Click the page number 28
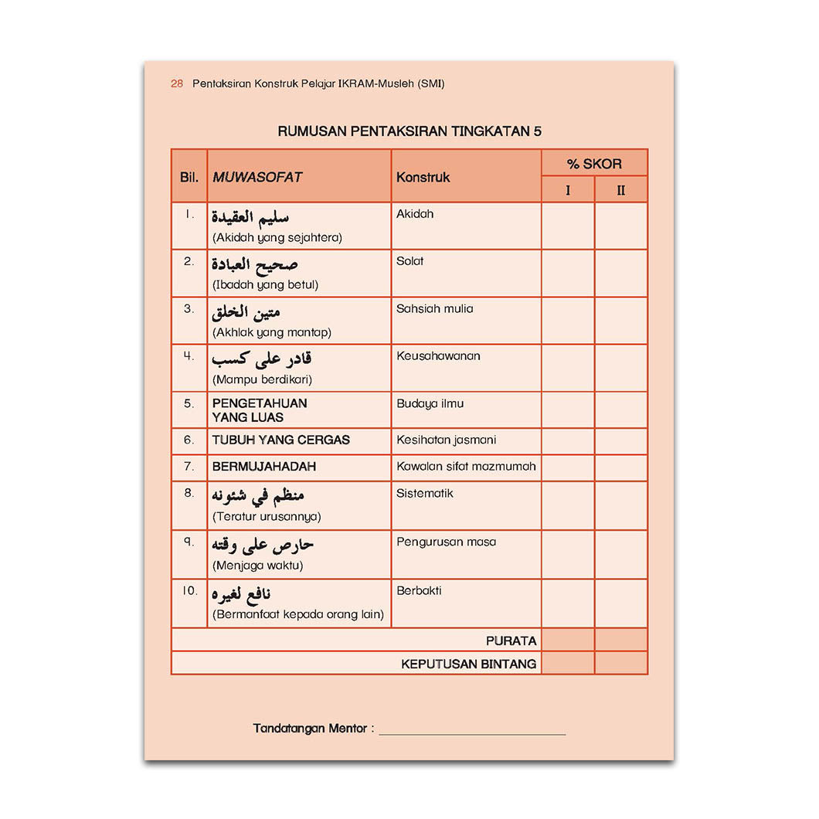tap(177, 84)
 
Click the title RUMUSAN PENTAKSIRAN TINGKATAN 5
tap(409, 131)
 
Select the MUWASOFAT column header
tap(257, 177)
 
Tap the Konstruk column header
tap(423, 177)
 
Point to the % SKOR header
tap(594, 164)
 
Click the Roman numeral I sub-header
tap(568, 190)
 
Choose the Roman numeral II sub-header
tap(621, 190)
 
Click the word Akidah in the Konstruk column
tap(415, 214)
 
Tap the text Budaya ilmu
tap(430, 403)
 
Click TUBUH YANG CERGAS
tap(281, 440)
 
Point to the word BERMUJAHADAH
tap(264, 467)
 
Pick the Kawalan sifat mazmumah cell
tap(466, 467)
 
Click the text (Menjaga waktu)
tap(257, 566)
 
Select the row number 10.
tap(189, 591)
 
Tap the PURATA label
tap(511, 641)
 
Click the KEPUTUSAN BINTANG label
tap(468, 664)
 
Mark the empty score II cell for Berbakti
tap(621, 603)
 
